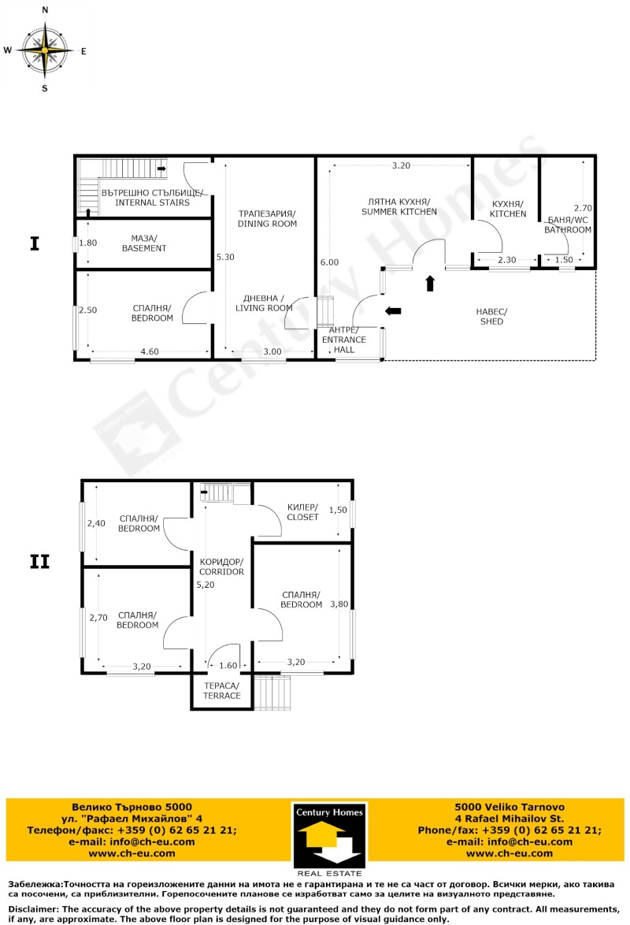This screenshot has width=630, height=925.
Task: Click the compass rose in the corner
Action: click(45, 50)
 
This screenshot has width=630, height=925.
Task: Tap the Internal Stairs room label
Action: click(152, 198)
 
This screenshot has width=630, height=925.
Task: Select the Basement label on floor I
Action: click(144, 243)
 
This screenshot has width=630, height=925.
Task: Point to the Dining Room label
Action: click(267, 218)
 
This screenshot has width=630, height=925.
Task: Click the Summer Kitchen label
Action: click(398, 206)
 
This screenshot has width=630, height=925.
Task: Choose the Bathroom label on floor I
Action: click(568, 225)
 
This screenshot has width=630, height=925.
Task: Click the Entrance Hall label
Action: click(344, 339)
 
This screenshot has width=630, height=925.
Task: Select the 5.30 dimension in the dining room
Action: click(225, 257)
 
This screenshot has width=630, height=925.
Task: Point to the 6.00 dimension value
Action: click(328, 262)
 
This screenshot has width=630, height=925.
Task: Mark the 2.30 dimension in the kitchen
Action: click(506, 260)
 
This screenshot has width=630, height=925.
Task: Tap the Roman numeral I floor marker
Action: click(34, 243)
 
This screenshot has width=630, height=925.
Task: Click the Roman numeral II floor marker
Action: click(39, 562)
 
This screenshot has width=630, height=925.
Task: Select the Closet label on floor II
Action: click(302, 512)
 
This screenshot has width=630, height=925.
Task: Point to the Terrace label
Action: click(222, 690)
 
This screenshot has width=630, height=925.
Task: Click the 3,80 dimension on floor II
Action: click(339, 604)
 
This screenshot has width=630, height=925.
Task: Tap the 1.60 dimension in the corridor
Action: click(227, 665)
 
